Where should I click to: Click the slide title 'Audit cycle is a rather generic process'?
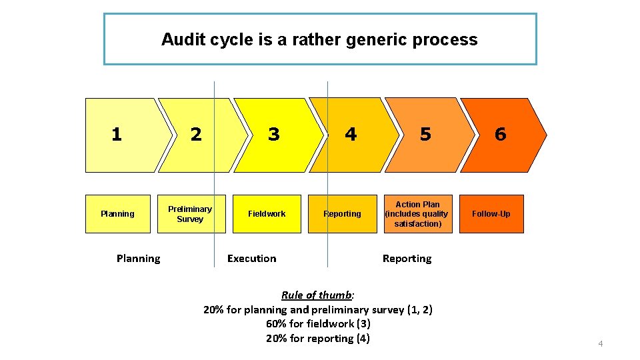click(319, 40)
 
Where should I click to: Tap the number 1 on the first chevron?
click(117, 135)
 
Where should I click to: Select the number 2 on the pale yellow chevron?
click(195, 135)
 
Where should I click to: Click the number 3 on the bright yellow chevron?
click(273, 135)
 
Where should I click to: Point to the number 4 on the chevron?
click(351, 135)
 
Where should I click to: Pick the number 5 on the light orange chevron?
click(425, 135)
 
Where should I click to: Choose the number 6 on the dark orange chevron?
click(500, 135)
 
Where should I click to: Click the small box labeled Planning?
click(118, 214)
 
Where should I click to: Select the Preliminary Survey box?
click(191, 214)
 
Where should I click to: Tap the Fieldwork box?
click(267, 214)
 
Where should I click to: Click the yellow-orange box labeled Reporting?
click(342, 214)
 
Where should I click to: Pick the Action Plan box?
click(417, 214)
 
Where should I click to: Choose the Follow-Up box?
click(491, 214)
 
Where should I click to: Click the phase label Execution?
click(251, 259)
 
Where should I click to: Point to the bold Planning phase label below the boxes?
click(138, 259)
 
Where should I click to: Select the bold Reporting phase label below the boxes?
click(407, 259)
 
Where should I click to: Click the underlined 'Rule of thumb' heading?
click(317, 295)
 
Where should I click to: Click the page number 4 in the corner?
click(600, 344)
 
